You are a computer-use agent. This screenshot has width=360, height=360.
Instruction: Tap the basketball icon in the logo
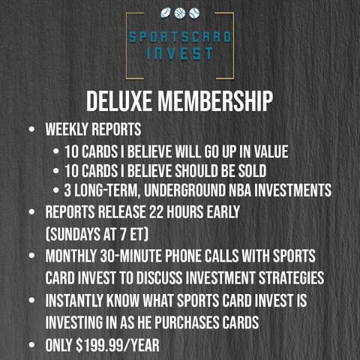pos(180,13)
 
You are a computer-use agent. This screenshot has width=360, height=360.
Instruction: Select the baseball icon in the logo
pos(194,13)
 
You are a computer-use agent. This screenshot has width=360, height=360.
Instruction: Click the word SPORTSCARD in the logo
pos(180,37)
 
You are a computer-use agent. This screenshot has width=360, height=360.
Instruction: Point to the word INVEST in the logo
pos(180,54)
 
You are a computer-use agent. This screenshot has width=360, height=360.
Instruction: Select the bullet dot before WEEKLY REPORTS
pos(31,130)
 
